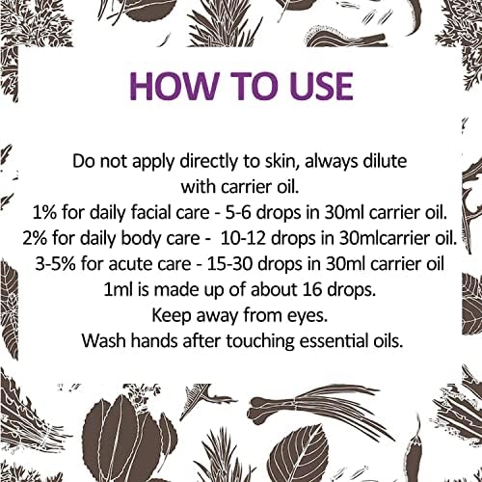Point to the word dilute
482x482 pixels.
coord(381,161)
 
